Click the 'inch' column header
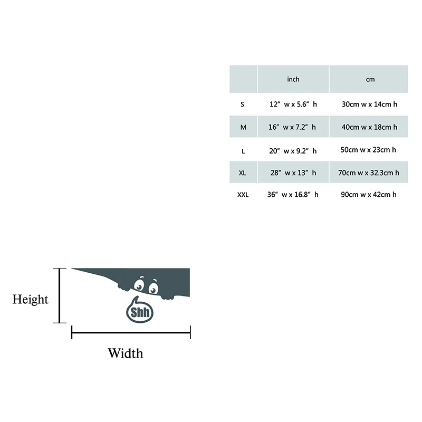pos(293,79)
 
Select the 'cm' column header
pos(370,79)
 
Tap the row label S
pos(243,104)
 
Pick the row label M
pos(243,127)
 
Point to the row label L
pos(243,151)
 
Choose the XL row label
pos(243,172)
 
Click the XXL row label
pos(243,195)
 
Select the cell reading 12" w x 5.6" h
pos(293,104)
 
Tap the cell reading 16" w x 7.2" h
pos(293,127)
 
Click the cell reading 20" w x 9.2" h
pos(293,151)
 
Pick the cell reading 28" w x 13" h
pos(293,172)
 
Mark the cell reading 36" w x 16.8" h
pos(293,195)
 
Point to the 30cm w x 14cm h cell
pos(369,104)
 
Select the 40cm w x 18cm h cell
pos(369,127)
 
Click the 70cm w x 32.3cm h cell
pos(369,172)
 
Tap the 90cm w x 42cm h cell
pos(369,195)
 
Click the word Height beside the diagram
pos(31,300)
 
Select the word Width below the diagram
pos(125,353)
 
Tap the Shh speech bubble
pos(140,311)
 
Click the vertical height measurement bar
pos(60,295)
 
